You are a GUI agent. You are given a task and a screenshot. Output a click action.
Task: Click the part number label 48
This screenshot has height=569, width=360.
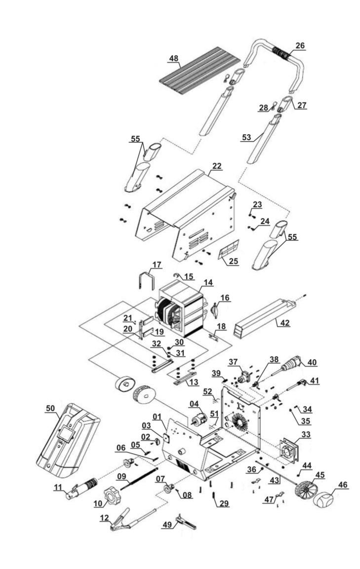[x=174, y=58]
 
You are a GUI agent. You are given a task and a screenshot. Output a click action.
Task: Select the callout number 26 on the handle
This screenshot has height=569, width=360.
[x=300, y=46]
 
